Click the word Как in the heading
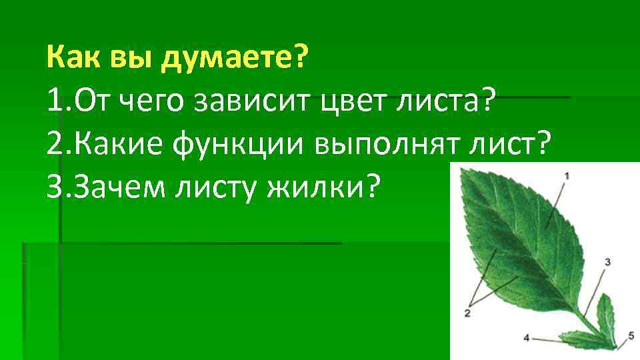71,60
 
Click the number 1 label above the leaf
567,175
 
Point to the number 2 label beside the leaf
467,311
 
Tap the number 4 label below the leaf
526,338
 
